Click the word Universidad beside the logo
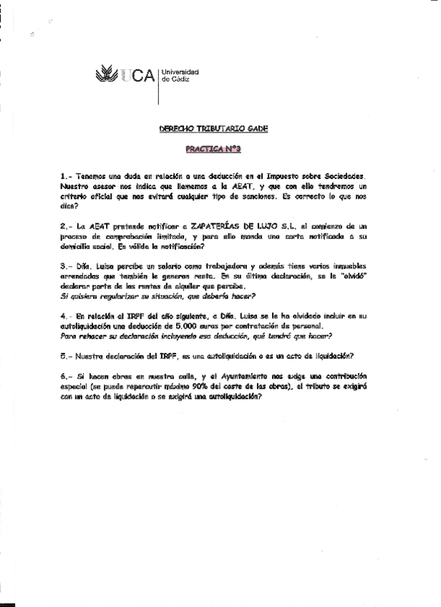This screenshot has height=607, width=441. click(x=180, y=72)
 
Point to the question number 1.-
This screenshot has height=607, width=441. click(x=66, y=175)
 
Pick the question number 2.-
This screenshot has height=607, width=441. click(x=66, y=225)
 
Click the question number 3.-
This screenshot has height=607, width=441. click(x=66, y=265)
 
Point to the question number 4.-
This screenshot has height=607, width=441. click(x=66, y=315)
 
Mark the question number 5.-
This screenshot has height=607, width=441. click(x=66, y=355)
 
